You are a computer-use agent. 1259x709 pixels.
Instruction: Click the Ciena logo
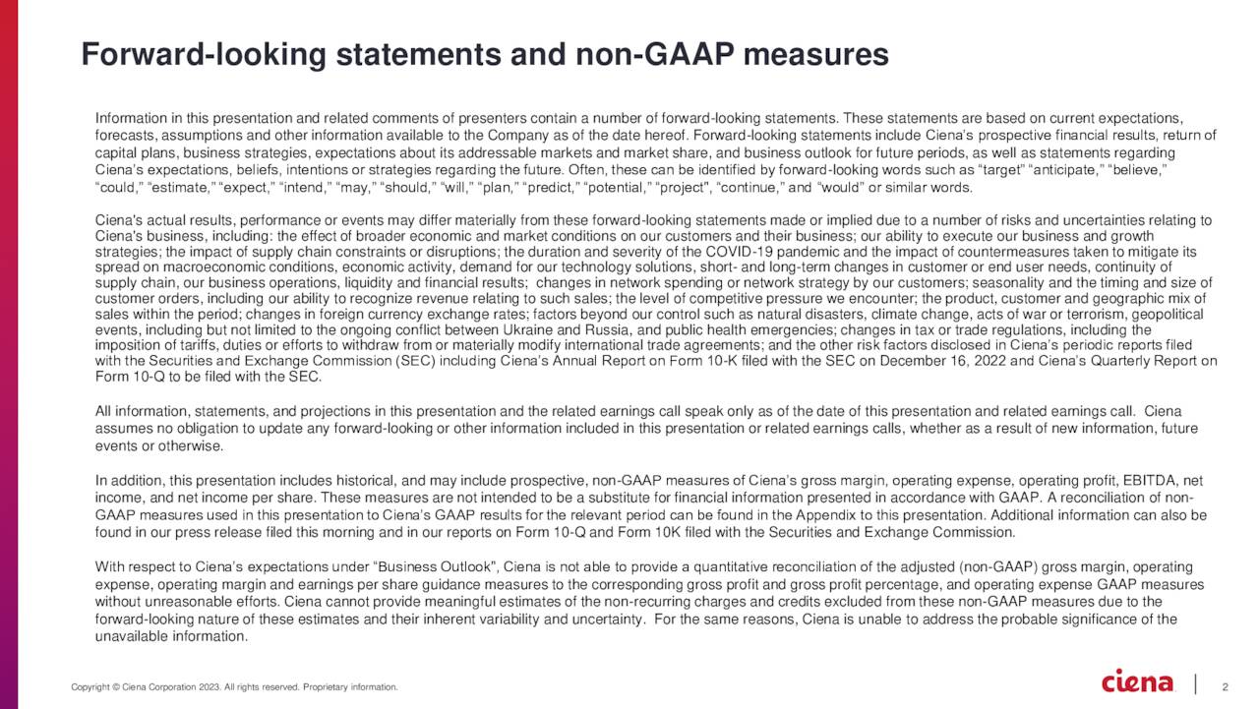[1138, 681]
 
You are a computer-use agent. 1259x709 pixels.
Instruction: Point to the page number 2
[1225, 685]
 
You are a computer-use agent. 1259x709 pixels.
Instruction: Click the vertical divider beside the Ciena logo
[1195, 683]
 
